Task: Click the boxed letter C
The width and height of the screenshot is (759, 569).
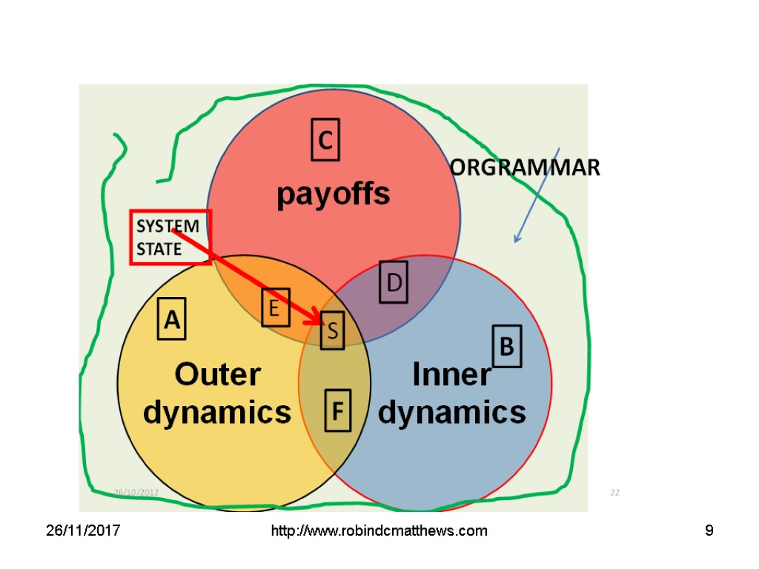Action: (x=325, y=139)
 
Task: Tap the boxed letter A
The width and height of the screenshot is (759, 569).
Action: (x=171, y=319)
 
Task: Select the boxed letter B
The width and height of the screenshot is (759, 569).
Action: (x=507, y=346)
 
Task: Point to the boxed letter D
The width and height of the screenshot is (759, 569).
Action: (x=394, y=282)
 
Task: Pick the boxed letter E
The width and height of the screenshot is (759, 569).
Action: (x=274, y=307)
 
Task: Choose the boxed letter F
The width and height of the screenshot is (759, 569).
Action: (x=338, y=410)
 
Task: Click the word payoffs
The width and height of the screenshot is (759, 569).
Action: (x=333, y=194)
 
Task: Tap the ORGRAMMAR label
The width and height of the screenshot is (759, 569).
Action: (x=526, y=168)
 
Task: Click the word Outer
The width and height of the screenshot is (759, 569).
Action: (x=217, y=375)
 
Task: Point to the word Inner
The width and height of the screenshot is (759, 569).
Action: (x=451, y=375)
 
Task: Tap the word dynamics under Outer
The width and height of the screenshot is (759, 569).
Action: (x=217, y=412)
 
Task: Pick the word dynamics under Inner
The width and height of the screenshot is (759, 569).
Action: (x=451, y=412)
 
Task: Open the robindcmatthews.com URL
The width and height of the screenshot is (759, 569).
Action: (x=379, y=531)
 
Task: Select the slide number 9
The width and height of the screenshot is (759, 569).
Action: (x=709, y=531)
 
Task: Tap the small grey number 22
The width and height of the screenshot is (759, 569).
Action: (x=614, y=492)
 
